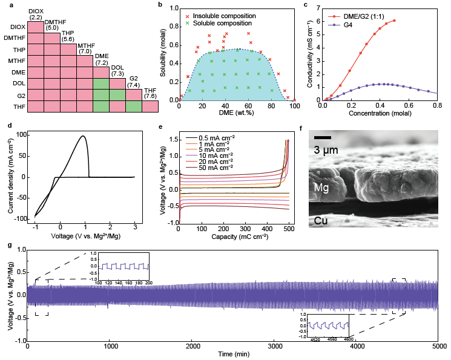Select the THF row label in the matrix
pyautogui.click(x=20, y=106)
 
